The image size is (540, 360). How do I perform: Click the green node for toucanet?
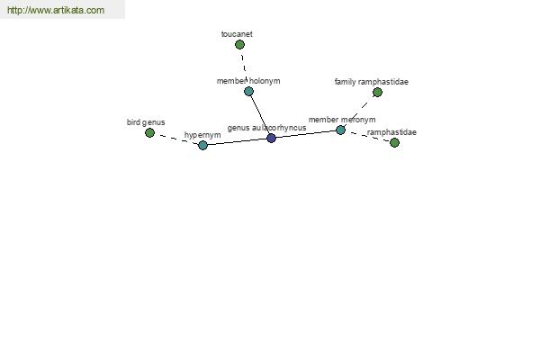239,44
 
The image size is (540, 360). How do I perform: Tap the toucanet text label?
237,34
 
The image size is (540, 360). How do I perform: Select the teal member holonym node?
248,91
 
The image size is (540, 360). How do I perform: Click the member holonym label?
248,81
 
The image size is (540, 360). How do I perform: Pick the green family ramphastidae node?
377,93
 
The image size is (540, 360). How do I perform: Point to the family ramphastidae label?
371,82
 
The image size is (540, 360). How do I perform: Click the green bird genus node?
149,132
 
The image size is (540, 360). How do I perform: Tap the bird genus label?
146,122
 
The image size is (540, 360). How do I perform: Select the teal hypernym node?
202,145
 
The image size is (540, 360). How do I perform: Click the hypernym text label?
202,135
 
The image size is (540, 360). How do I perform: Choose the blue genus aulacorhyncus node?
272,138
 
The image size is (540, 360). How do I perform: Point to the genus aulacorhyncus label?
266,128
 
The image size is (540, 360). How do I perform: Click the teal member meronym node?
340,130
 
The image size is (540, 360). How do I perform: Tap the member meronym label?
342,120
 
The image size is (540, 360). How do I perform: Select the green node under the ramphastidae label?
395,142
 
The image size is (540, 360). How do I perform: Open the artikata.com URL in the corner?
56,10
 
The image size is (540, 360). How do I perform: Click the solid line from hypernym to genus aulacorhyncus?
237,141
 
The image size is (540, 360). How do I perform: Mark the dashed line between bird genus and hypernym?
176,139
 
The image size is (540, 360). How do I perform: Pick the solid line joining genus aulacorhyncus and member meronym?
306,134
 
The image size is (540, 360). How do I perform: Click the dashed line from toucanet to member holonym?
244,67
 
